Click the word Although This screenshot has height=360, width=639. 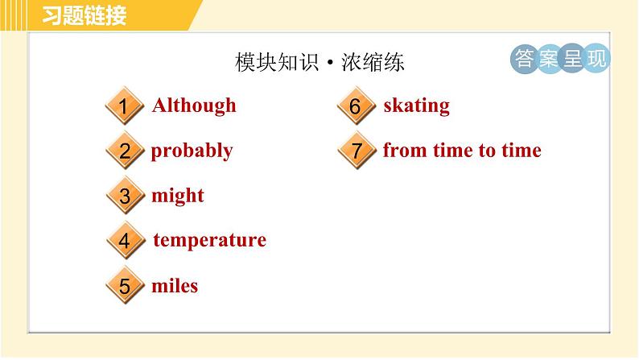[194, 106]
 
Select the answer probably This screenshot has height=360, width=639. [192, 151]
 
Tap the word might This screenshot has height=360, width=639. [178, 196]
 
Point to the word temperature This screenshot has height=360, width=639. [209, 240]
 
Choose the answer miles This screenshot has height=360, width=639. [175, 286]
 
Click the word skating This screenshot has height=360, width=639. [416, 106]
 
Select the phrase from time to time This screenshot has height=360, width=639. [462, 151]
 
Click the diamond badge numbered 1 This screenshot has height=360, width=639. [124, 107]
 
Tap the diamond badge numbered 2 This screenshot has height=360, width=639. [124, 151]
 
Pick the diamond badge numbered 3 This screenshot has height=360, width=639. [124, 197]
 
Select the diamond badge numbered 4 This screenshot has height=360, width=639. [124, 241]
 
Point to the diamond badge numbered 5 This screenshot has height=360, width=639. [124, 287]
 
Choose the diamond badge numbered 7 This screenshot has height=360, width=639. [356, 151]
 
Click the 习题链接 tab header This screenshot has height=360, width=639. [84, 15]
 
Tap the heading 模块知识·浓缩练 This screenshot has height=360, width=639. [319, 63]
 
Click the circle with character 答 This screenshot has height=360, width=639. [524, 58]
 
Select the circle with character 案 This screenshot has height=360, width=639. [549, 58]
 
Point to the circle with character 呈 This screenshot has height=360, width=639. [572, 58]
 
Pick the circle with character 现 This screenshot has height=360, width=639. [596, 58]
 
